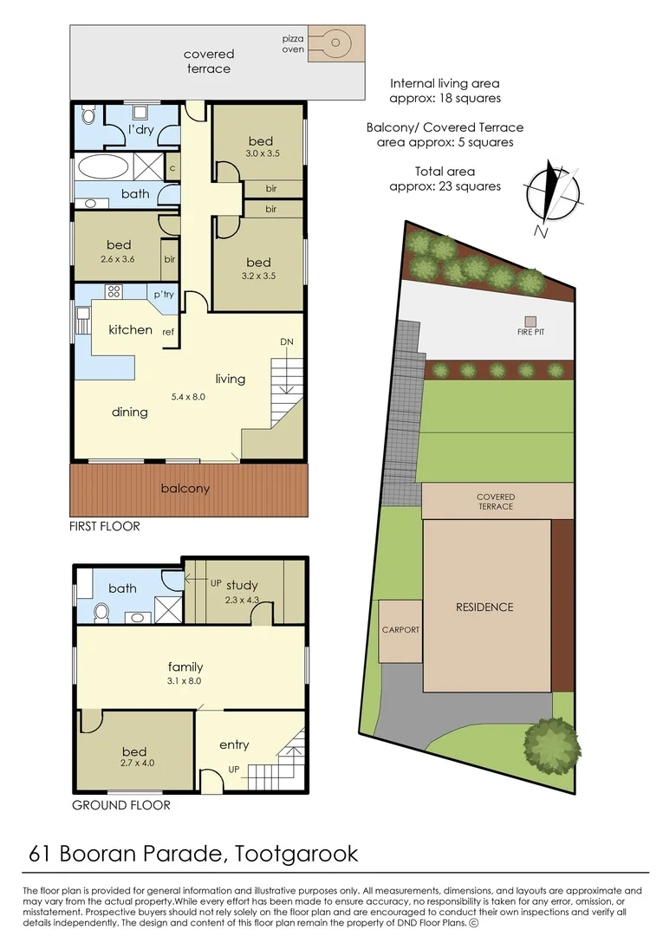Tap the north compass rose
coord(551,193)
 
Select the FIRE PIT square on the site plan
coord(530,321)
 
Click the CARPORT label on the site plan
coord(400,630)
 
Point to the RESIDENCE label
coord(484,608)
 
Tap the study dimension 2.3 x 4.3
coord(242,600)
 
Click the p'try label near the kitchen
coord(164,295)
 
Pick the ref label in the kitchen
coord(170,331)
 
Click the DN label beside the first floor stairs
coord(287,342)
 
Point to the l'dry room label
coord(141,130)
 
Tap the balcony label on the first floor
coord(185,489)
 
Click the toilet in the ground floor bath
coord(101,612)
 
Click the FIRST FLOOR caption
coord(105,526)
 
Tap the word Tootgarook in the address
coord(296,854)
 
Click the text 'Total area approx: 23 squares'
coord(445,179)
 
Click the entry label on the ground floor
coord(234,744)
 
